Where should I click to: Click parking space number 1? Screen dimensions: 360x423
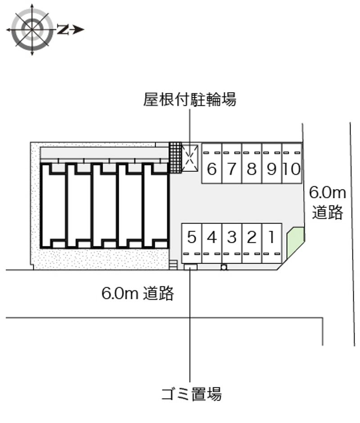pyautogui.click(x=272, y=243)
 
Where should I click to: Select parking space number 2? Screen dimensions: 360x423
pyautogui.click(x=252, y=243)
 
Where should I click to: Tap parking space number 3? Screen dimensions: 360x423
pyautogui.click(x=232, y=243)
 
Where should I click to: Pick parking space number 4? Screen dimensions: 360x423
pyautogui.click(x=212, y=243)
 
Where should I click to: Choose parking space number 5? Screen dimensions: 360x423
pyautogui.click(x=192, y=243)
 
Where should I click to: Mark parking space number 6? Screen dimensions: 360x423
pyautogui.click(x=212, y=163)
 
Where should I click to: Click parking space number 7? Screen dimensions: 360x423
pyautogui.click(x=232, y=163)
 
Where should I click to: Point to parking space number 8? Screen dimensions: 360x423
pyautogui.click(x=252, y=163)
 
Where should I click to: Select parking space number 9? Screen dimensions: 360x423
pyautogui.click(x=272, y=163)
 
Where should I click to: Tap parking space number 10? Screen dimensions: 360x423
pyautogui.click(x=292, y=163)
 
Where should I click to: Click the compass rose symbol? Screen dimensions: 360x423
pyautogui.click(x=32, y=29)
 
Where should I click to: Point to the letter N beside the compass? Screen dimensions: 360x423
pyautogui.click(x=63, y=29)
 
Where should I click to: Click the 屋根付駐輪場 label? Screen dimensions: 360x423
pyautogui.click(x=190, y=100)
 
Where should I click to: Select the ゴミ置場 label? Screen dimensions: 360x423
pyautogui.click(x=192, y=394)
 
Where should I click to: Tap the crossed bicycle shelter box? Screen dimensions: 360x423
pyautogui.click(x=190, y=158)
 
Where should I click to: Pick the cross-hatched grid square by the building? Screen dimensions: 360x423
pyautogui.click(x=175, y=157)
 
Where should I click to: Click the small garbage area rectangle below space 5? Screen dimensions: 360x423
pyautogui.click(x=191, y=267)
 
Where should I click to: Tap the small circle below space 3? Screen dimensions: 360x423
pyautogui.click(x=224, y=267)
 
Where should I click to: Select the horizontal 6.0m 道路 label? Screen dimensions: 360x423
pyautogui.click(x=138, y=293)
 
